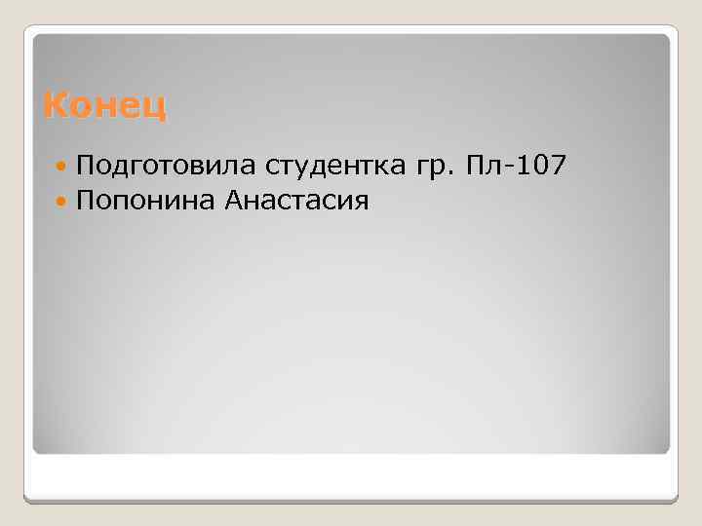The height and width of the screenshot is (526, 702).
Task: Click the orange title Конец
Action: pos(105,104)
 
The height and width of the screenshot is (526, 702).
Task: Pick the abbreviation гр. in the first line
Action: pos(427,169)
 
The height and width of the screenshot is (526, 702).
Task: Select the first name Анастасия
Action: pos(297,202)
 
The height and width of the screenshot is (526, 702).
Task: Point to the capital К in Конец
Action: pos(54,104)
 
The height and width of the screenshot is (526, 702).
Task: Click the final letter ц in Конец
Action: pos(156,106)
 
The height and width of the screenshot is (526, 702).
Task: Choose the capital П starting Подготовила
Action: pos(84,167)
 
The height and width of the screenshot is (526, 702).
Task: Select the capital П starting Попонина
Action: pos(84,201)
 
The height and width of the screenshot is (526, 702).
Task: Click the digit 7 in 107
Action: pos(556,167)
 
